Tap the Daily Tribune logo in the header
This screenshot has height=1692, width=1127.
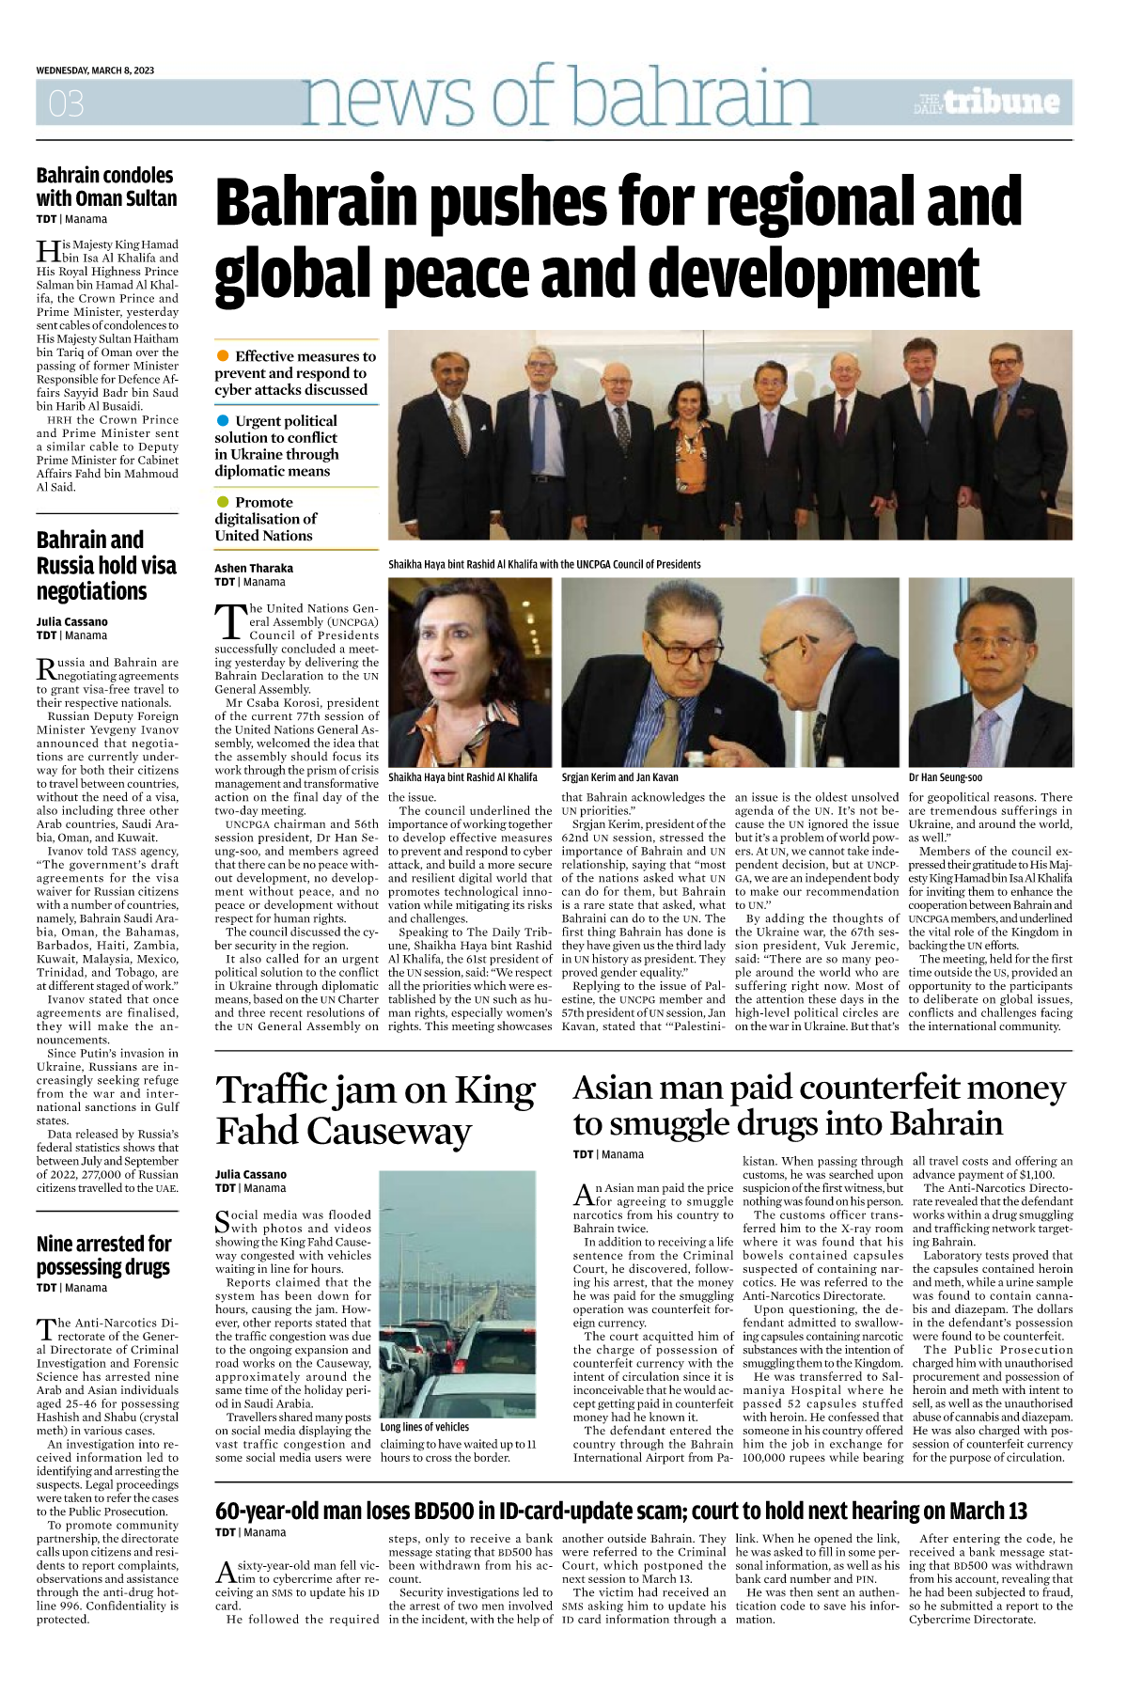(986, 102)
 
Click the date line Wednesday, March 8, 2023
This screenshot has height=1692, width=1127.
(96, 70)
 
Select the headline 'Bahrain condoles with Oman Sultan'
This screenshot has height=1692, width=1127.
(106, 186)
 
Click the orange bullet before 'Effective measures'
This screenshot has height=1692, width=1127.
(223, 355)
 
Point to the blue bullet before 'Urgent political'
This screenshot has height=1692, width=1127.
(223, 420)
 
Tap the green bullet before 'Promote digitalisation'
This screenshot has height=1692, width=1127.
(223, 502)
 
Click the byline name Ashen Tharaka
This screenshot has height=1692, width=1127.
(254, 568)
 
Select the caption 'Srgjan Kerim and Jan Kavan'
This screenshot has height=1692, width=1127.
(619, 777)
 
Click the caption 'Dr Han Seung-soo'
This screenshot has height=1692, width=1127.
(945, 777)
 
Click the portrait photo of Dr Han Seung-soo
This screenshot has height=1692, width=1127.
(990, 672)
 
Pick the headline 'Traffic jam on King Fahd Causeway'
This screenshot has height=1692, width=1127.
(376, 1110)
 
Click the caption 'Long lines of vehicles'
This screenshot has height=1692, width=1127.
(424, 1427)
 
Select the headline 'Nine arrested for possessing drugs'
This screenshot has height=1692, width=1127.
(104, 1255)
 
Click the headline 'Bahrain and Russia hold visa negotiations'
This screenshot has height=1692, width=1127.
(106, 565)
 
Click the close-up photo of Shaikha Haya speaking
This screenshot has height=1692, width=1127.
(470, 672)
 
